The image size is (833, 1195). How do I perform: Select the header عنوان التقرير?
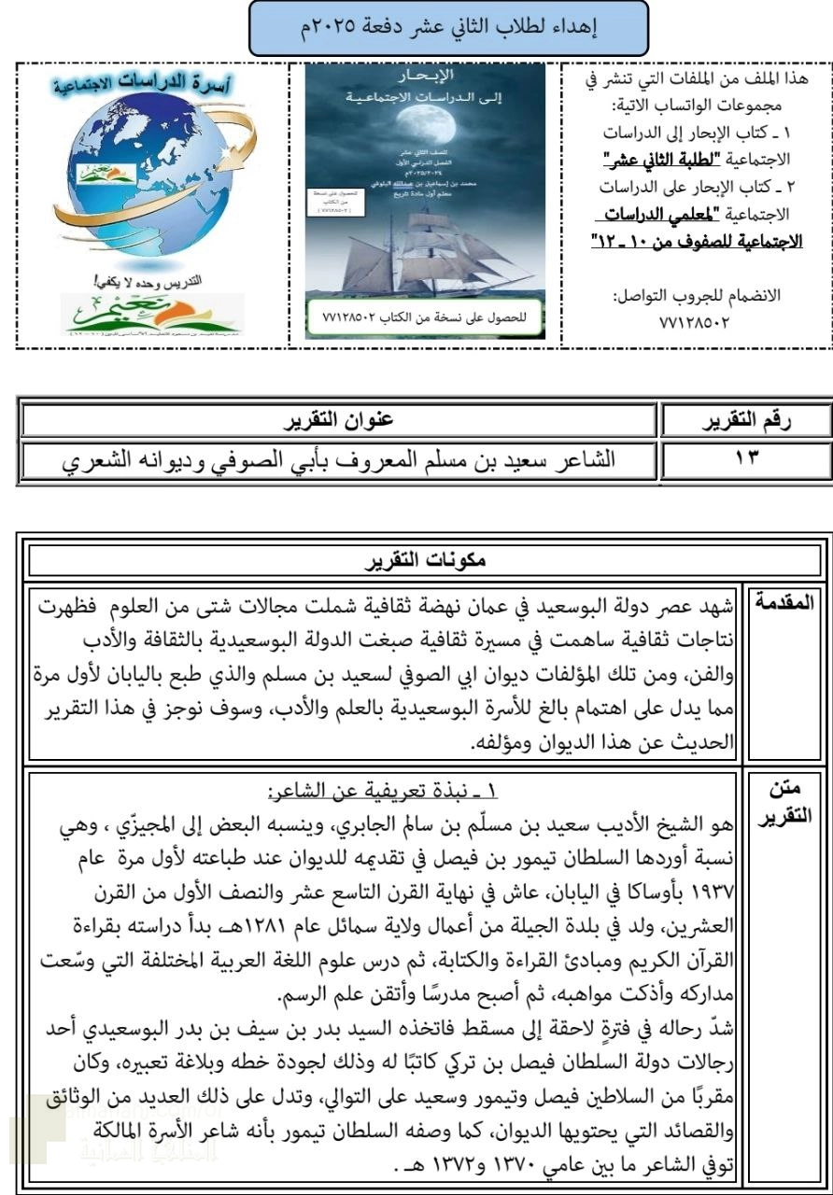338,422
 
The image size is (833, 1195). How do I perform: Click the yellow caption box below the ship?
425,316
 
